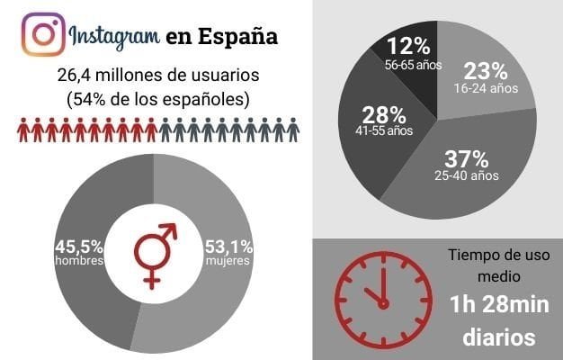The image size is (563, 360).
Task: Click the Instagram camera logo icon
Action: tap(42, 36)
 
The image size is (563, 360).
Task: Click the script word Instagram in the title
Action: tap(113, 38)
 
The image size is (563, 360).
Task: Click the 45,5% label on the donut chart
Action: tap(78, 245)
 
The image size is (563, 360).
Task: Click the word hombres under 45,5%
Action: tap(79, 261)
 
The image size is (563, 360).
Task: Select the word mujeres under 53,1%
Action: tap(228, 261)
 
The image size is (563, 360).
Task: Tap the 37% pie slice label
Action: tap(465, 158)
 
